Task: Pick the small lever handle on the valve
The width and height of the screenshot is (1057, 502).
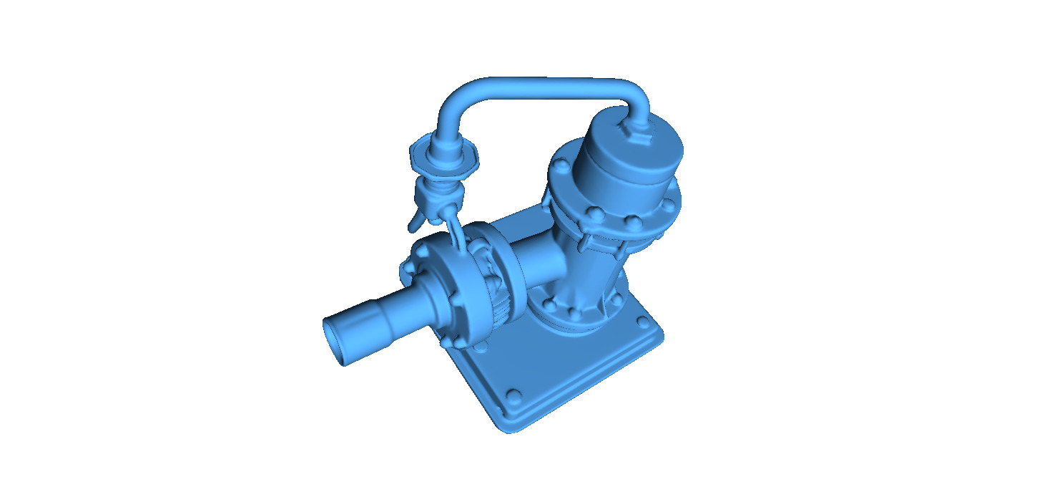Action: coord(414,223)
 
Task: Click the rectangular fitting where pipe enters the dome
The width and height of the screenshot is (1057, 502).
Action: coord(637,131)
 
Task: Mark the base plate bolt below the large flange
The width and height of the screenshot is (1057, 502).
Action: coord(481,348)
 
